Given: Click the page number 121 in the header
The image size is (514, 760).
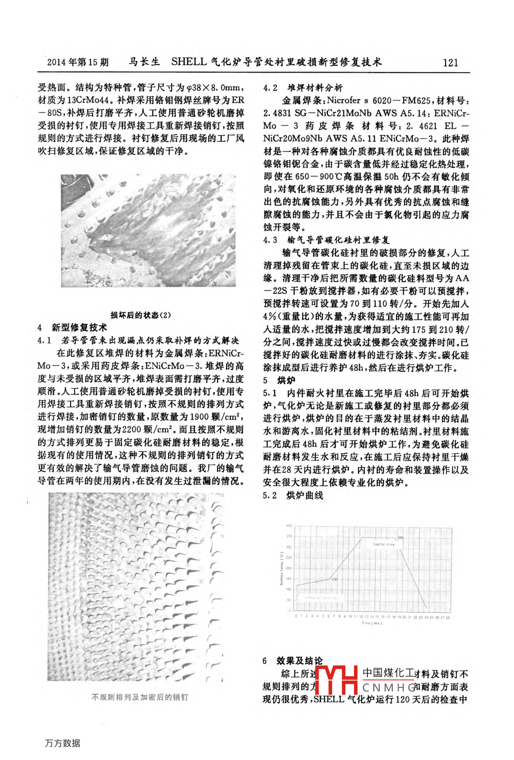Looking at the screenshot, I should pos(450,62).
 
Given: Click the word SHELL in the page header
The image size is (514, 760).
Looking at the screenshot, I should pos(189,61).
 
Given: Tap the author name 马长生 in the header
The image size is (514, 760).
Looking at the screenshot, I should pos(145,62).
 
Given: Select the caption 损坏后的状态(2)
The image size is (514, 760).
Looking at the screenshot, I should pos(140,315).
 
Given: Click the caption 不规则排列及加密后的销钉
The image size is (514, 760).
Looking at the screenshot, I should pos(140,697).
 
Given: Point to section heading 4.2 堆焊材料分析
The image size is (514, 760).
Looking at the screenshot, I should pos(303,88).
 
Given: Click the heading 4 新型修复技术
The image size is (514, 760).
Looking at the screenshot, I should pos(72,327).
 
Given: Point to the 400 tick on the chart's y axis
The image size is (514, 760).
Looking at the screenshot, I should pos(289,526).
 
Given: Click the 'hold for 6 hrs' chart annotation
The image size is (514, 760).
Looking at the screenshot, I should pos(383,544).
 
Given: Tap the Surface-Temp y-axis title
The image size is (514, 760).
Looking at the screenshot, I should pos(282,568).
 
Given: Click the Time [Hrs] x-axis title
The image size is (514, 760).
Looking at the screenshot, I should pos(371,623).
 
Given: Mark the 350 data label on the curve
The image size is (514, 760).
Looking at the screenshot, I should pos(400,538).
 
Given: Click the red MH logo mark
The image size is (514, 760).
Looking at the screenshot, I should pos(337,680).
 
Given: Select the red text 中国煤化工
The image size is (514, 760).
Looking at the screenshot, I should pos(388,673).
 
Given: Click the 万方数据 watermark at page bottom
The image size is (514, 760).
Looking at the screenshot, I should pos(63,743).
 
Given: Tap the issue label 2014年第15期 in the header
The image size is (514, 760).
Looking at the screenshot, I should pos(78,62).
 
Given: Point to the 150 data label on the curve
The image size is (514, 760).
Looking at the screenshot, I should pos(335,579).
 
